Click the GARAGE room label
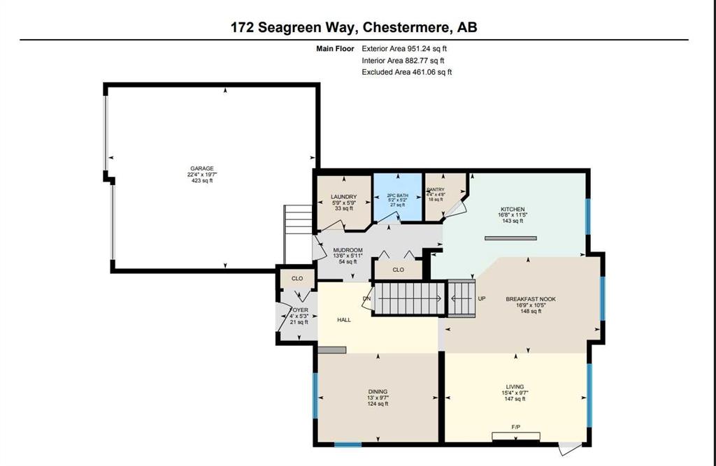point(201,169)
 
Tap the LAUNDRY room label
point(343,197)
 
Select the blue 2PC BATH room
point(398,198)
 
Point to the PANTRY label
point(436,189)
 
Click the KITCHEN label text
point(512,209)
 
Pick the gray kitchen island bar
point(512,238)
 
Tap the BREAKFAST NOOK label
point(530,299)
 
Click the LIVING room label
point(515,386)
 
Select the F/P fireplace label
point(516,426)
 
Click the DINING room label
point(378,391)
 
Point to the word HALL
point(343,320)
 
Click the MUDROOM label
point(347,250)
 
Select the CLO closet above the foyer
point(296,278)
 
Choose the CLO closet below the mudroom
point(398,270)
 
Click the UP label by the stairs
point(481,298)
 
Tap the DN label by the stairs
point(366,300)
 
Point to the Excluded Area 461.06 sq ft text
point(407,72)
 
